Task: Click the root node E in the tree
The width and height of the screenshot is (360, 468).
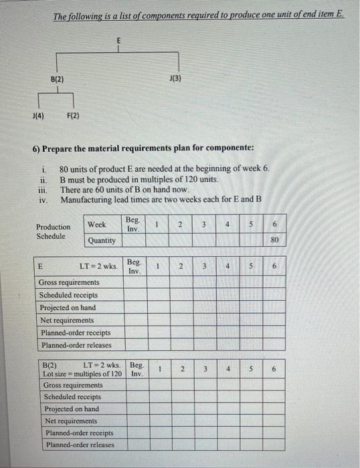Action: (x=119, y=41)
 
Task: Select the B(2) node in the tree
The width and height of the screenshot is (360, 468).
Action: (x=57, y=80)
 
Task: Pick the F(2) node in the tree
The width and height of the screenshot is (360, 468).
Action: (x=73, y=116)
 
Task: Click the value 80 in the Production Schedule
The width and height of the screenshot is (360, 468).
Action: (x=274, y=240)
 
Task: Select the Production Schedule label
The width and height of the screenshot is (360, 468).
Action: (x=53, y=231)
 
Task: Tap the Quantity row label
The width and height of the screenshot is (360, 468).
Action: (x=101, y=240)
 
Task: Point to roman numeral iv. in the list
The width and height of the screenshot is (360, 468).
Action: (x=43, y=200)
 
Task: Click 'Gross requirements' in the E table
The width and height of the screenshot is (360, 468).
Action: (x=69, y=282)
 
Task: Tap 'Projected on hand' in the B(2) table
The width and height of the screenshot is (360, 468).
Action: (x=71, y=408)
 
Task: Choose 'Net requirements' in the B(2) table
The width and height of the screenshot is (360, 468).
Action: (x=70, y=421)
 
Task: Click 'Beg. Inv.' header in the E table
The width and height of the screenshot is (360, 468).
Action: (x=134, y=266)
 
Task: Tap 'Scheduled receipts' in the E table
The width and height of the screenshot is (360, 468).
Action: (x=68, y=295)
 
